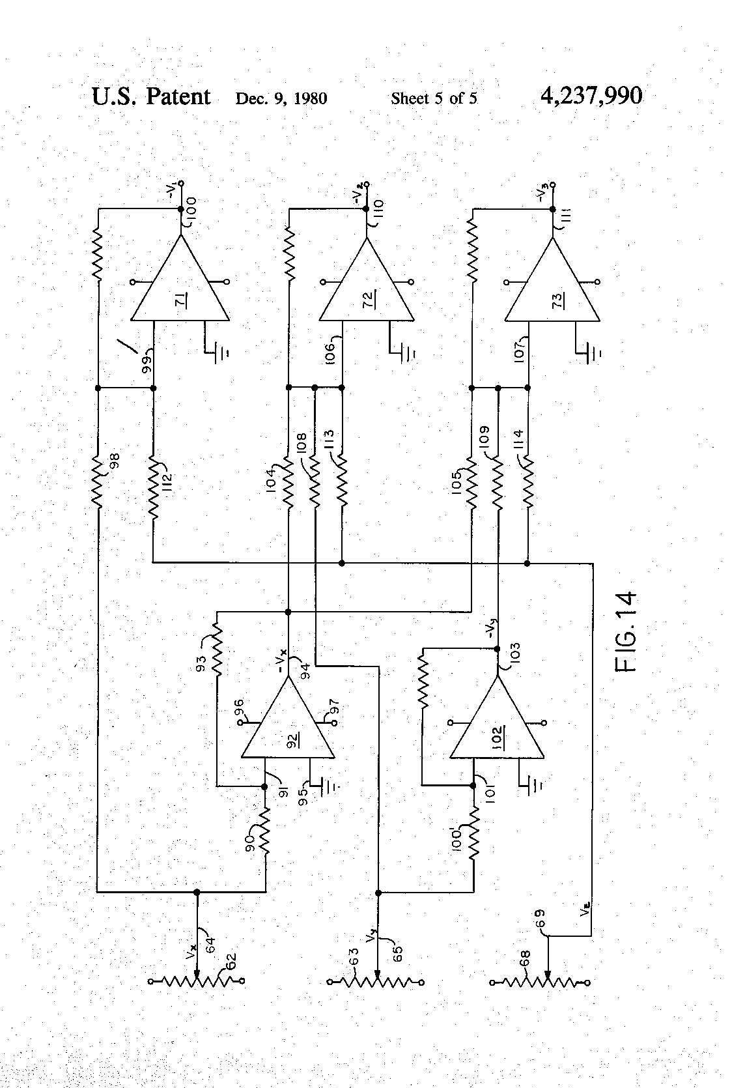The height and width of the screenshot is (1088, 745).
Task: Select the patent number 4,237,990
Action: (x=591, y=96)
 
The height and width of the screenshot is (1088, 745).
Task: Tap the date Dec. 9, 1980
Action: (x=281, y=98)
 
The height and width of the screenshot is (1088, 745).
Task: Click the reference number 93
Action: (x=202, y=663)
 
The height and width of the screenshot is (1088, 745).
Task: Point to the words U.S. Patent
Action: (x=151, y=96)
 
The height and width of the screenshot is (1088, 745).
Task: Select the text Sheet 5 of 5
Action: (x=434, y=98)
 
